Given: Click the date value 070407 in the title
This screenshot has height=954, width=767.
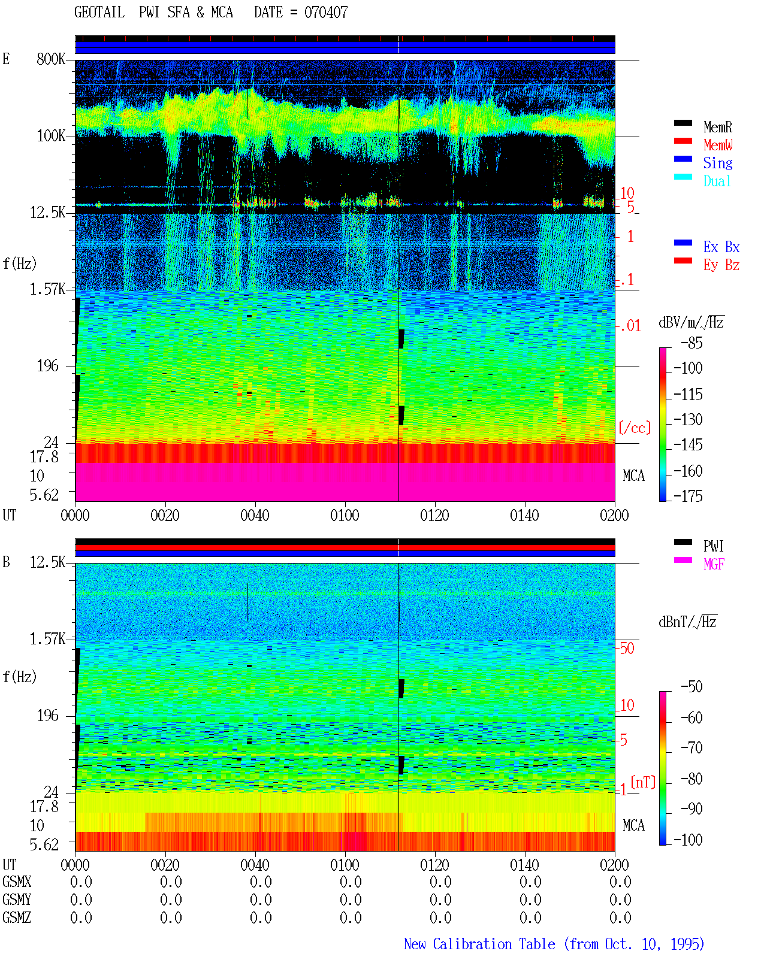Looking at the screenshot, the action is (x=325, y=12).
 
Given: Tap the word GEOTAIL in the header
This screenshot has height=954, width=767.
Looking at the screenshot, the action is (x=99, y=12).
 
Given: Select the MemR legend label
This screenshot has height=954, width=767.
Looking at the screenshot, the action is (x=718, y=127).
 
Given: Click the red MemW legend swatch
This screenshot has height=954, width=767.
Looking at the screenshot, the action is (x=683, y=141).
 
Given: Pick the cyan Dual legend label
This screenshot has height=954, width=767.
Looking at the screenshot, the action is (x=717, y=181).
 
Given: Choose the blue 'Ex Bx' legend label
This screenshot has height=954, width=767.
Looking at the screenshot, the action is (x=721, y=247).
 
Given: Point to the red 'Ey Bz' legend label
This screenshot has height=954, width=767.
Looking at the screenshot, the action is (x=721, y=265).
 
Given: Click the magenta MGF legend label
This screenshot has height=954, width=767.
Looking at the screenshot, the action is (x=714, y=564).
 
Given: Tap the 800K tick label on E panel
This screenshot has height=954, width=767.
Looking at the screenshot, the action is (x=51, y=59).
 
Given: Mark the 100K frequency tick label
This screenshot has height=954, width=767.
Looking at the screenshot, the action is (x=51, y=136).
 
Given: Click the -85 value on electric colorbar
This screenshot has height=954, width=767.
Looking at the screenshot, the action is (x=691, y=343).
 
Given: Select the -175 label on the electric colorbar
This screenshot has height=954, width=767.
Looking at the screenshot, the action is (x=688, y=496).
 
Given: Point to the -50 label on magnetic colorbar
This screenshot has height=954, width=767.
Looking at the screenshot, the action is (x=691, y=687).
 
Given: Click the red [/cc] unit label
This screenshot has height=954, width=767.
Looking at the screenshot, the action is (x=635, y=428).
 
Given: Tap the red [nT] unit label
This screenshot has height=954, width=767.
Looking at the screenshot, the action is (x=643, y=782).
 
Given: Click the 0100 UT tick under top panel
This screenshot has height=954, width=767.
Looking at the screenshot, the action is (x=345, y=515).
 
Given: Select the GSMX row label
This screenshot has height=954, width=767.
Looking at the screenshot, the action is (x=17, y=882).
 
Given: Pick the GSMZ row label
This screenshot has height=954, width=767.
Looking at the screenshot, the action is (x=17, y=917).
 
